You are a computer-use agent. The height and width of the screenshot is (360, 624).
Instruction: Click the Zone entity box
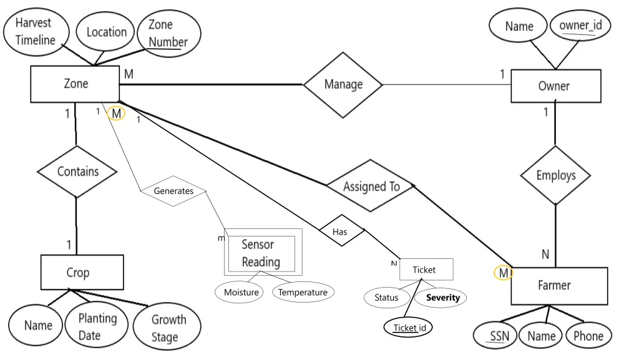tap(75, 84)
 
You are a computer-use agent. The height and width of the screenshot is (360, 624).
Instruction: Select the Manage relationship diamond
tap(343, 84)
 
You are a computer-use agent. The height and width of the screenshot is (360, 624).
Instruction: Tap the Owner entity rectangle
tap(555, 86)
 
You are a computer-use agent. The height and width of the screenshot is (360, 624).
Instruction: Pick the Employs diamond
tap(555, 175)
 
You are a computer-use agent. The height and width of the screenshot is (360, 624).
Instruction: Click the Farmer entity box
tap(559, 286)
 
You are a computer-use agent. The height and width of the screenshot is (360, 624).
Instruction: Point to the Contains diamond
tap(77, 172)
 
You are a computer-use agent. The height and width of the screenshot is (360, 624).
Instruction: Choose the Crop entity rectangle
tap(77, 273)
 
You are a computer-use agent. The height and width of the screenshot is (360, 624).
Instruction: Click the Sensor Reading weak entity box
tap(263, 253)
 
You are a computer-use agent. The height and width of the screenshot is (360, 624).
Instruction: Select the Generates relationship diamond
tap(173, 191)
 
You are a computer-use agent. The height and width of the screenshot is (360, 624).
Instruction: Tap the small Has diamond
tap(341, 231)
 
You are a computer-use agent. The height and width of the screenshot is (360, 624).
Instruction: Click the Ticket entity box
tap(426, 270)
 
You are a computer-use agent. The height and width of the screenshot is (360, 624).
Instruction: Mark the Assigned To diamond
tap(371, 186)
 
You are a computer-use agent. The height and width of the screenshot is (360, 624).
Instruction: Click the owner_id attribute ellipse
tap(580, 26)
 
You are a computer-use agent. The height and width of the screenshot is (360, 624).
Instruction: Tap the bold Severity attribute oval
tap(442, 298)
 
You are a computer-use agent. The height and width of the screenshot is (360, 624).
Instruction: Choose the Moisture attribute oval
tap(241, 293)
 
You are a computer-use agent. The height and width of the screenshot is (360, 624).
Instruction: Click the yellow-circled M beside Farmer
tap(503, 273)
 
